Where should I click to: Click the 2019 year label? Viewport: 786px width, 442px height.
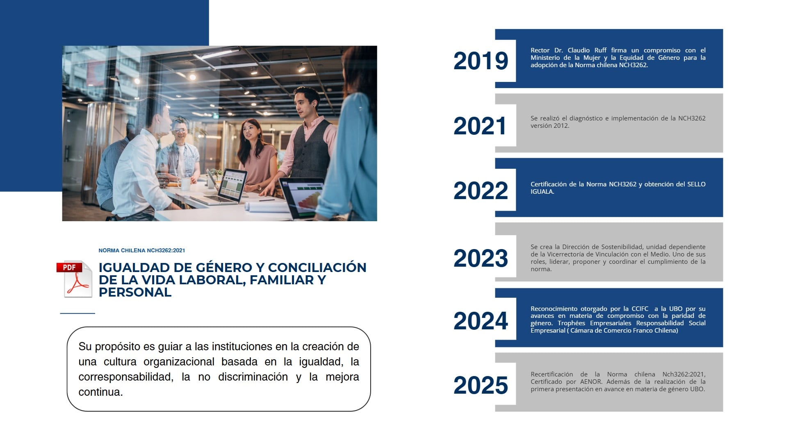(481, 61)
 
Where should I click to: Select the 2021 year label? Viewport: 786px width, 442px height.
(480, 126)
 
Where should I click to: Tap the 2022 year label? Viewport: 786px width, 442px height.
(481, 190)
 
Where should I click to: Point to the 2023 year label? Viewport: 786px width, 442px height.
(481, 258)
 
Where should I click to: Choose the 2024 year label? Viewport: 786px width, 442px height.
(481, 320)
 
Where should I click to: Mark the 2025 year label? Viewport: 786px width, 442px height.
(481, 385)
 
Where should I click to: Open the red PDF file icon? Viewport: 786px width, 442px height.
(75, 279)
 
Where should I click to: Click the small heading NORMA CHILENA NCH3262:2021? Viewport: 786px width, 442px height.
(141, 250)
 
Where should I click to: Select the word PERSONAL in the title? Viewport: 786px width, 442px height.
(135, 292)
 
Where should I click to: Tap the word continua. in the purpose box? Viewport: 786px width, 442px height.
(100, 392)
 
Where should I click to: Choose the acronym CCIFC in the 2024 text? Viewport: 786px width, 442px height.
(640, 309)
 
